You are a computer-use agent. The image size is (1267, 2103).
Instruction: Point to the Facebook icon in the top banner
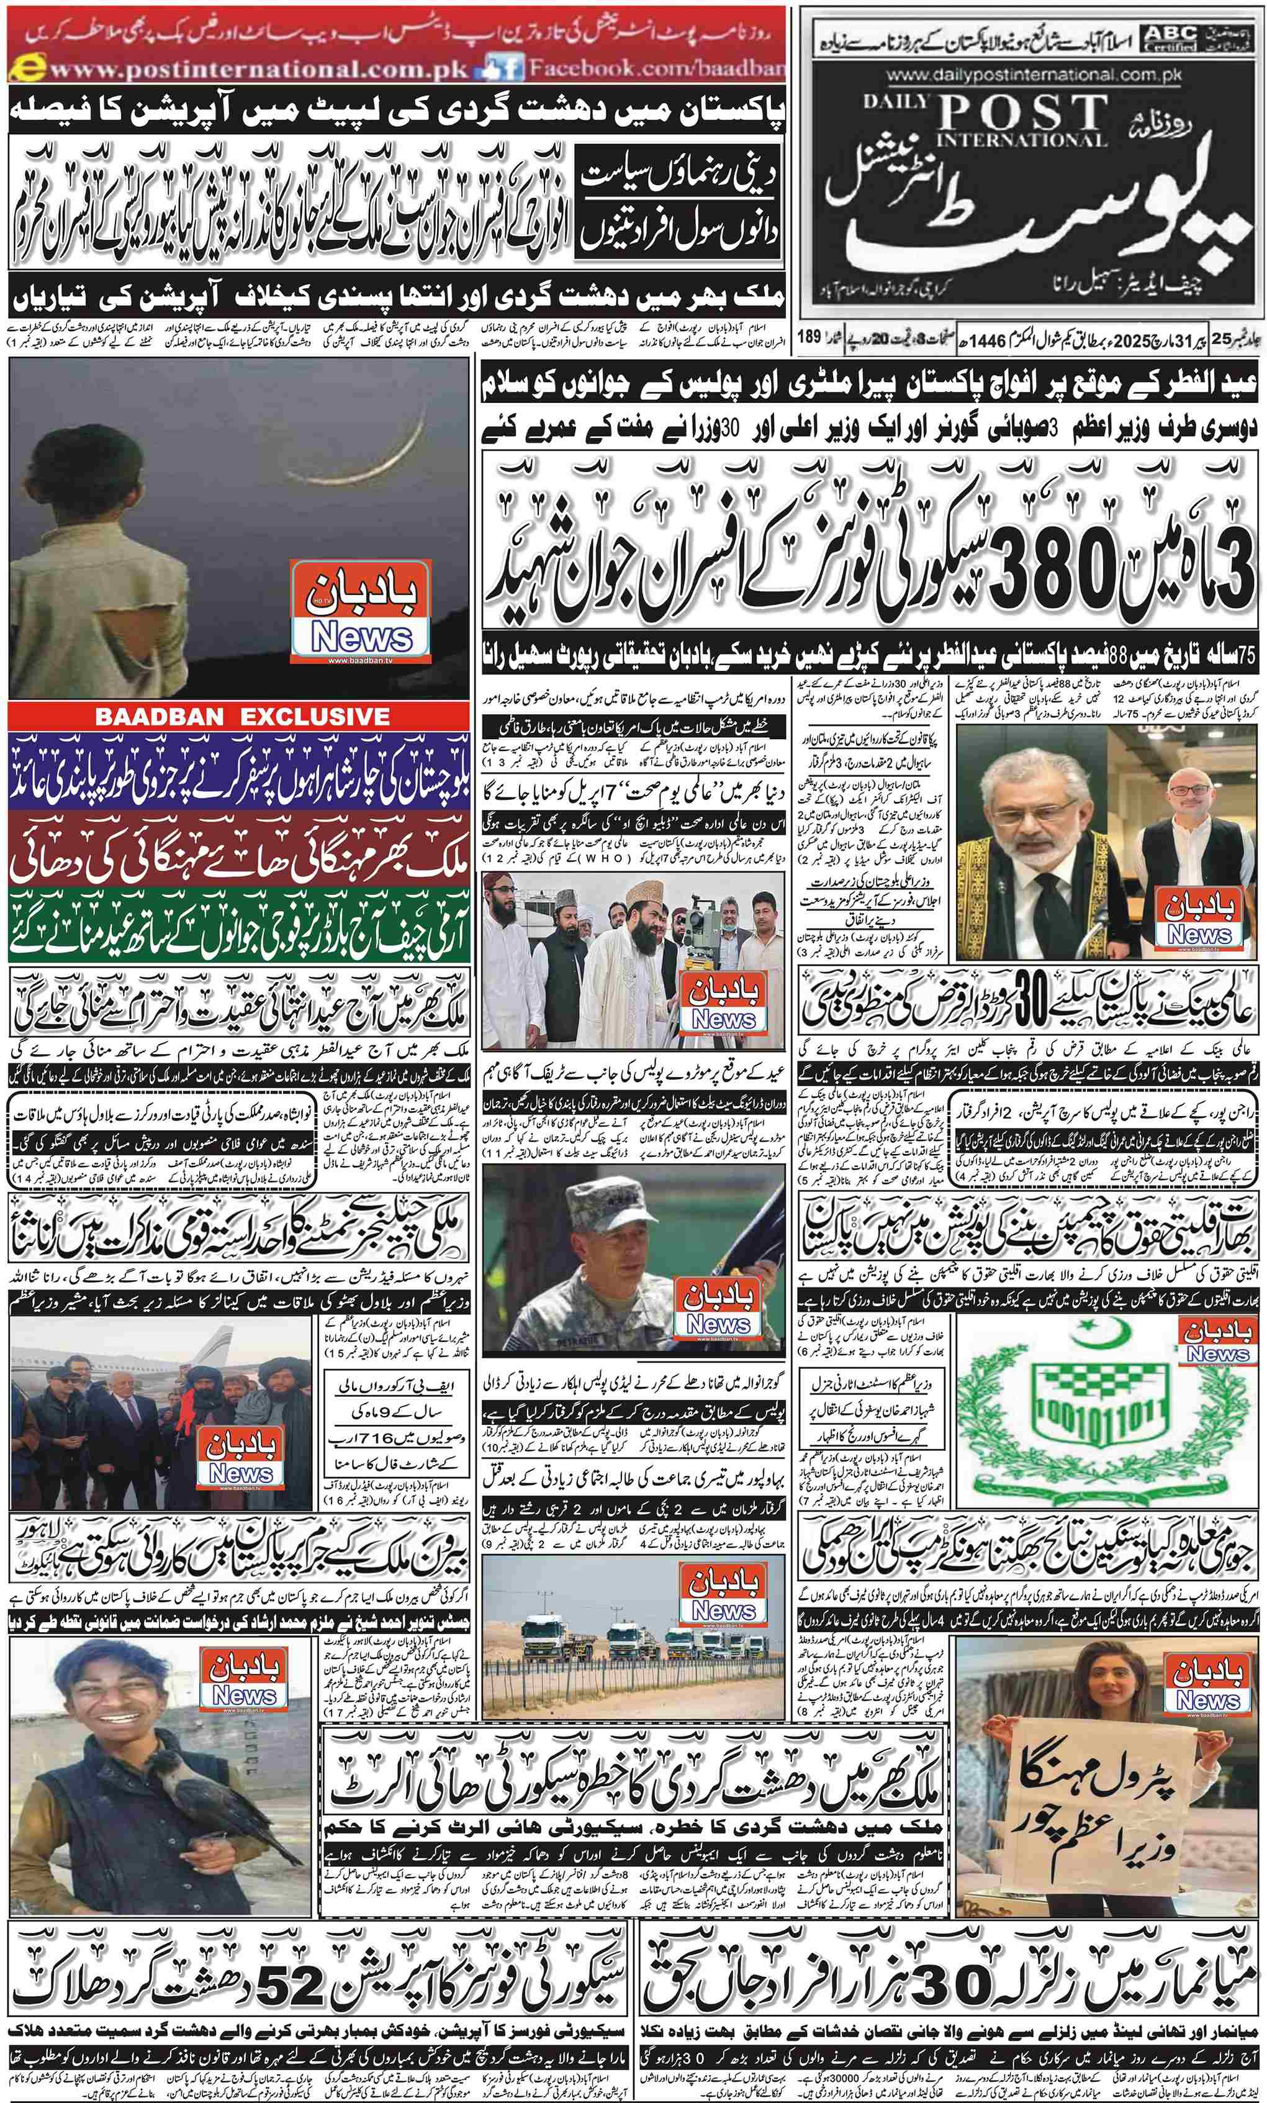pyautogui.click(x=503, y=68)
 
